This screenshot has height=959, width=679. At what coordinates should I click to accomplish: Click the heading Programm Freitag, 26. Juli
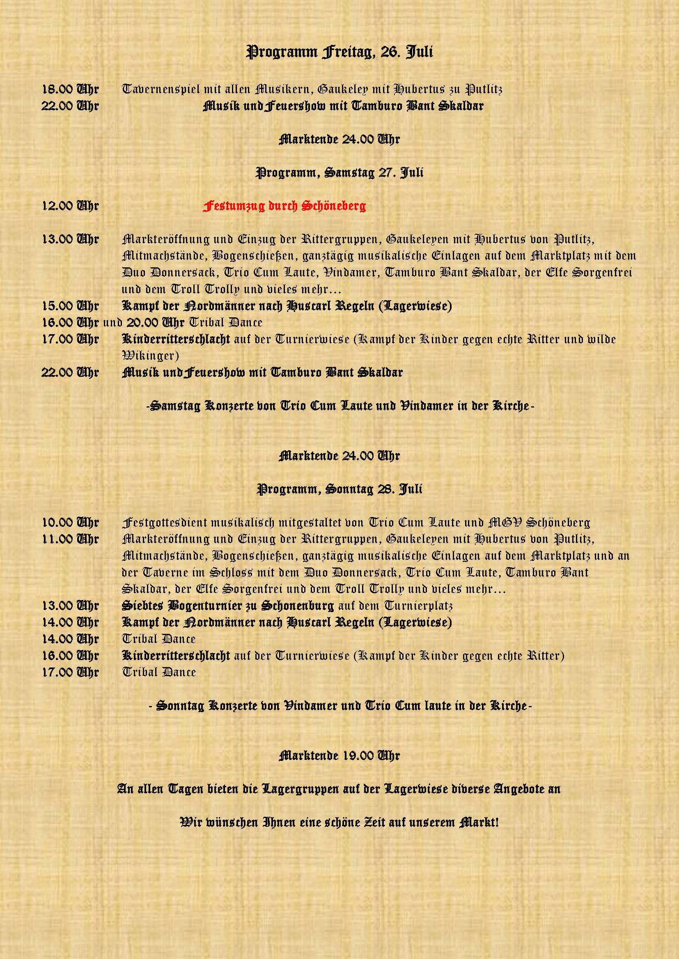point(339,52)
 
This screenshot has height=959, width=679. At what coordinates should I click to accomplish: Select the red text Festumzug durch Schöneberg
point(284,206)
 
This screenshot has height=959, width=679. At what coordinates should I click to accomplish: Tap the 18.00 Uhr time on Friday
point(70,89)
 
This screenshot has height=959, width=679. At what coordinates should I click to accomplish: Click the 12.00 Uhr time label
point(70,206)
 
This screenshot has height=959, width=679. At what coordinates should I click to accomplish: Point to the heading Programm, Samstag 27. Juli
point(339,173)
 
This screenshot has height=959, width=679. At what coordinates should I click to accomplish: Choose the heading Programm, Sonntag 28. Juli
point(339,489)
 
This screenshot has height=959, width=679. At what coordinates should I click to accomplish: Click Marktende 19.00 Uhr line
point(339,755)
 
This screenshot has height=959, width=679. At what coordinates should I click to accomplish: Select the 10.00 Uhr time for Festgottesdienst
point(70,522)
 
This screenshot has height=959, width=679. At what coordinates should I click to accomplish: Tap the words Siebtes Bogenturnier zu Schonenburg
point(227,606)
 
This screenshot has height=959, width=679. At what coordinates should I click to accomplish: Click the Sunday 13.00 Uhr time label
point(70,606)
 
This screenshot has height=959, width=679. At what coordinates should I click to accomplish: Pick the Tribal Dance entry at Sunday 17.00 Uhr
point(159,672)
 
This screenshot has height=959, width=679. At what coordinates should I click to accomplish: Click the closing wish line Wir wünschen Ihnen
point(339,822)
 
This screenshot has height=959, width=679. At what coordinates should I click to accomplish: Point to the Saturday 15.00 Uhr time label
point(70,306)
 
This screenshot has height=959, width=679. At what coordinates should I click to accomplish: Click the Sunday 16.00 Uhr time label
point(70,656)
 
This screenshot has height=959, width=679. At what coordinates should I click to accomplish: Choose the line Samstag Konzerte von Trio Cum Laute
point(339,405)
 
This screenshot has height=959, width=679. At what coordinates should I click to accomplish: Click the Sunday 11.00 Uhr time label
point(70,539)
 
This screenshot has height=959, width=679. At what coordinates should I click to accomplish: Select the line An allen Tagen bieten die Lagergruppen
point(339,789)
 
